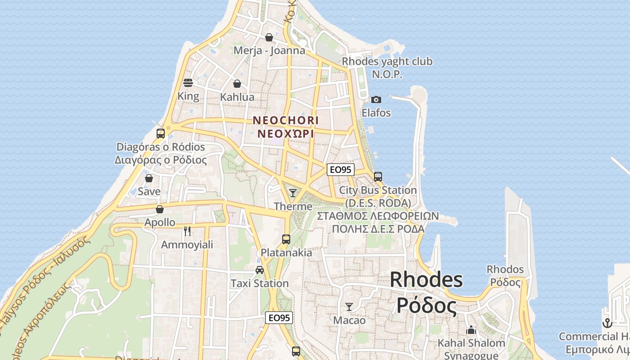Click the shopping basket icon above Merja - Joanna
click(269, 37)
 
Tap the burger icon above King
click(188, 83)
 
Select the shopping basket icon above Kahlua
click(237, 84)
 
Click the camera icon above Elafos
click(376, 99)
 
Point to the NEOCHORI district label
click(286, 121)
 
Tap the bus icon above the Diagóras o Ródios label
click(161, 134)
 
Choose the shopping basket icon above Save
click(149, 178)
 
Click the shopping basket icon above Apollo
click(160, 209)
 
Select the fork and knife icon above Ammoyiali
click(187, 231)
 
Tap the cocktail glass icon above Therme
click(293, 193)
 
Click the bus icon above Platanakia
click(286, 239)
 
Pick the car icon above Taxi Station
click(260, 270)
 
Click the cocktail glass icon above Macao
click(349, 307)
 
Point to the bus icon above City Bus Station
click(378, 177)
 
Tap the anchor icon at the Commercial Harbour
click(607, 323)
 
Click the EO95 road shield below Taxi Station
click(279, 318)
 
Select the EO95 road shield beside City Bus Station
click(341, 170)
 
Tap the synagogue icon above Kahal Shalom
click(471, 330)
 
